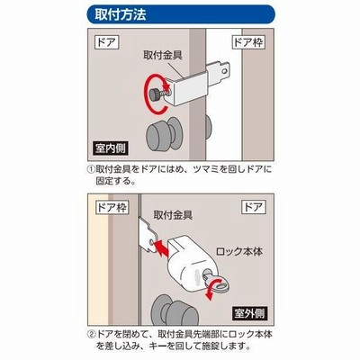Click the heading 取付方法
pyautogui.click(x=121, y=13)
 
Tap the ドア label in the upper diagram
pyautogui.click(x=107, y=42)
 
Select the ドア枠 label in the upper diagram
pyautogui.click(x=248, y=42)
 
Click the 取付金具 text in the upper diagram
pyautogui.click(x=162, y=56)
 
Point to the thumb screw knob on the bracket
pyautogui.click(x=156, y=94)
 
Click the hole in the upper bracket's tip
pyautogui.click(x=223, y=71)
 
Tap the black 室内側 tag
pyautogui.click(x=111, y=148)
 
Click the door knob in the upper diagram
pyautogui.click(x=164, y=133)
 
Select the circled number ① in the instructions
pyautogui.click(x=91, y=169)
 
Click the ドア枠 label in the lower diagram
pyautogui.click(x=112, y=207)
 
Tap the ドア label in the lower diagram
pyautogui.click(x=254, y=207)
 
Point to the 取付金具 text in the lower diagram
pyautogui.click(x=173, y=215)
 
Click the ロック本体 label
pyautogui.click(x=239, y=251)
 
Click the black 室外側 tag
pyautogui.click(x=249, y=313)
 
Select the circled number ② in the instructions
pyautogui.click(x=91, y=334)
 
